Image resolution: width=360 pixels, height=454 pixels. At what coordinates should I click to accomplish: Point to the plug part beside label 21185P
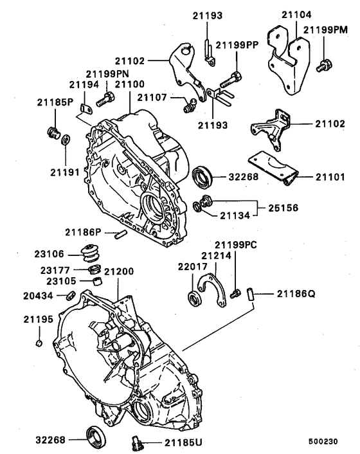53,133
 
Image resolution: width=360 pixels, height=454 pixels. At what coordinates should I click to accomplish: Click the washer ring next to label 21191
66,140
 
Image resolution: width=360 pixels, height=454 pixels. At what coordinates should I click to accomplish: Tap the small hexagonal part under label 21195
39,343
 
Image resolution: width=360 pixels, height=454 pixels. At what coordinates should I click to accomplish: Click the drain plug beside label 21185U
135,443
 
